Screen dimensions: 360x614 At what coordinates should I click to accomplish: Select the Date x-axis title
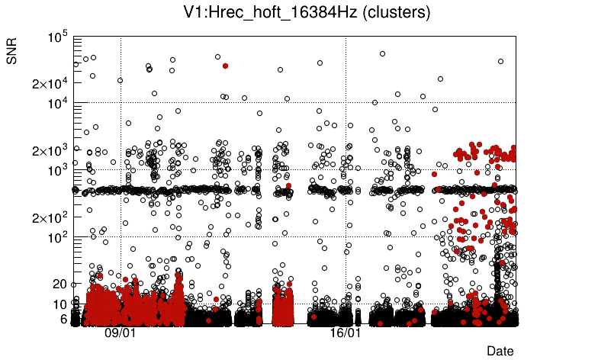(x=500, y=351)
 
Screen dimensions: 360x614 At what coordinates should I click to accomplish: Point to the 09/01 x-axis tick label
(x=120, y=333)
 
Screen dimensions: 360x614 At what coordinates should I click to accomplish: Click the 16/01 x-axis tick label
(x=346, y=333)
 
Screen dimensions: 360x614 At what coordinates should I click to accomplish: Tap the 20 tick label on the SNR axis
(x=61, y=284)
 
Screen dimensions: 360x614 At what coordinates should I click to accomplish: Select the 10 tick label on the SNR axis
(x=61, y=304)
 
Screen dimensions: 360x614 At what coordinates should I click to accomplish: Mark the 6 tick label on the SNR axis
(x=65, y=319)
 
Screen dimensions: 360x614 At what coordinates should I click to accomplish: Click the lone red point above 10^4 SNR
(x=225, y=66)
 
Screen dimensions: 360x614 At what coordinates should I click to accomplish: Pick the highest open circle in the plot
(x=382, y=53)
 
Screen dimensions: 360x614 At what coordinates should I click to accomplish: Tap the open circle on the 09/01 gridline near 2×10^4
(x=120, y=80)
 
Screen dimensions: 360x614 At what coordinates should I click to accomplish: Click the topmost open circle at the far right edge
(x=500, y=61)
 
